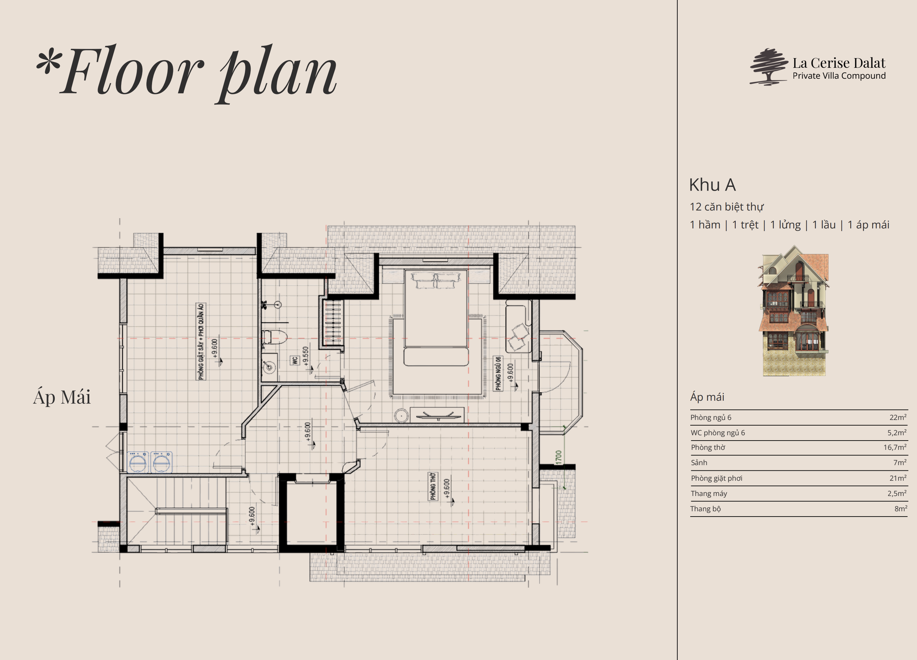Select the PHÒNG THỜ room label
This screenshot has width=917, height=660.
[x=433, y=486]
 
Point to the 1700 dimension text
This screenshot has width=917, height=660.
[x=559, y=457]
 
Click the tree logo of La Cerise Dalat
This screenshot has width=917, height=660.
[x=769, y=67]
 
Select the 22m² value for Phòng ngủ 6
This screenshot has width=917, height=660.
[x=898, y=417]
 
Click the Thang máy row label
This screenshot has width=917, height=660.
[x=709, y=493]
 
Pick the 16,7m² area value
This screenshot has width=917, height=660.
[x=895, y=447]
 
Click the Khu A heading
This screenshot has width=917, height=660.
[x=712, y=185]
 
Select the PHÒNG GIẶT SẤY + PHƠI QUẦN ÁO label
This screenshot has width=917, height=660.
[x=201, y=342]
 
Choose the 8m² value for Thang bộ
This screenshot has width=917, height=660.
[x=900, y=509]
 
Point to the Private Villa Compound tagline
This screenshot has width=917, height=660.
[x=839, y=76]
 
